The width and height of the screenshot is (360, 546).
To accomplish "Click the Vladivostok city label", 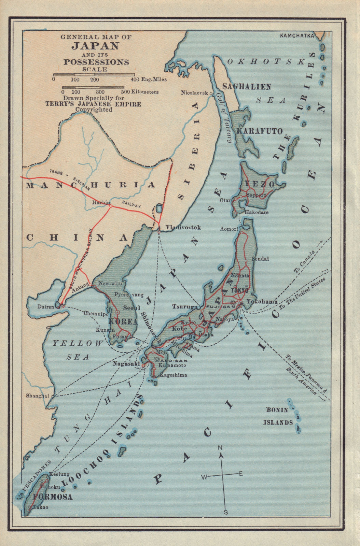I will [x=183, y=228].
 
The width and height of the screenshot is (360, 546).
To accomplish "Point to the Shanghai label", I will [x=38, y=396].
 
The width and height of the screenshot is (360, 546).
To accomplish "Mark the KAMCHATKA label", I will [x=296, y=35].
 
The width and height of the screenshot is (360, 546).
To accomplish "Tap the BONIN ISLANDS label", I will [x=278, y=416].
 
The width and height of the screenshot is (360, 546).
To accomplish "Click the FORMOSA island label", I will [x=53, y=497].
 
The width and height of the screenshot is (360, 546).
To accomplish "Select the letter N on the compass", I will [x=220, y=448].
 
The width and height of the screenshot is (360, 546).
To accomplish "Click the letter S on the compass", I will [x=226, y=512].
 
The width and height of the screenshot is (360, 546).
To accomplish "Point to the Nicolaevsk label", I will [x=194, y=92].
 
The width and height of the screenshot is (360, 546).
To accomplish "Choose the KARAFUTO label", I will [x=260, y=131].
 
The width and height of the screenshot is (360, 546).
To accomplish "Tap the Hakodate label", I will [x=257, y=212].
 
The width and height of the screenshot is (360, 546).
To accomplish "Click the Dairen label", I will [x=46, y=307].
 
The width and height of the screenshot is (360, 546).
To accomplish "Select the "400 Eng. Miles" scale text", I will [x=149, y=80].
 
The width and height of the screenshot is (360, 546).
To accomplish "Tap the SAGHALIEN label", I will [x=247, y=87].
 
